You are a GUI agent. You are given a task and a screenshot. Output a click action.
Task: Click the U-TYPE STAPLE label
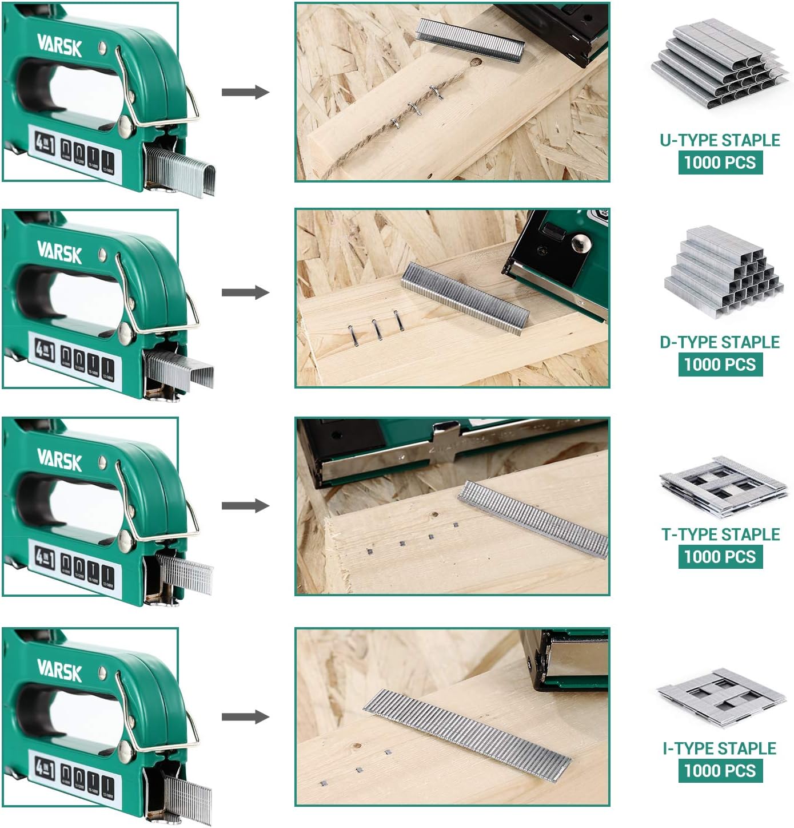(720, 140)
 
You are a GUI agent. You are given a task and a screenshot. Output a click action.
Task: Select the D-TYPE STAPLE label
(720, 342)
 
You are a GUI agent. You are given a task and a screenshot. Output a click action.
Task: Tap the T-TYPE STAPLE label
(720, 534)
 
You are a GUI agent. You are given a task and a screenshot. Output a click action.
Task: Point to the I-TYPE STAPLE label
(719, 748)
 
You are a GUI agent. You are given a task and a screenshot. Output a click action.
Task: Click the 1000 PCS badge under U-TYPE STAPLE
(720, 163)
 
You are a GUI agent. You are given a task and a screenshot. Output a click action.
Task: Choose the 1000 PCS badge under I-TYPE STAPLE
(720, 770)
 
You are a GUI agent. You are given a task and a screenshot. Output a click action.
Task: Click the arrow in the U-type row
(245, 92)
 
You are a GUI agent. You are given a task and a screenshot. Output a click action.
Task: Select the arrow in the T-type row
(245, 506)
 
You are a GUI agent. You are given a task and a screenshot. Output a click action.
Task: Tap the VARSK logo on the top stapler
(59, 45)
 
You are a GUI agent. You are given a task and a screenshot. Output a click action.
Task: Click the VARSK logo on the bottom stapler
(59, 668)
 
